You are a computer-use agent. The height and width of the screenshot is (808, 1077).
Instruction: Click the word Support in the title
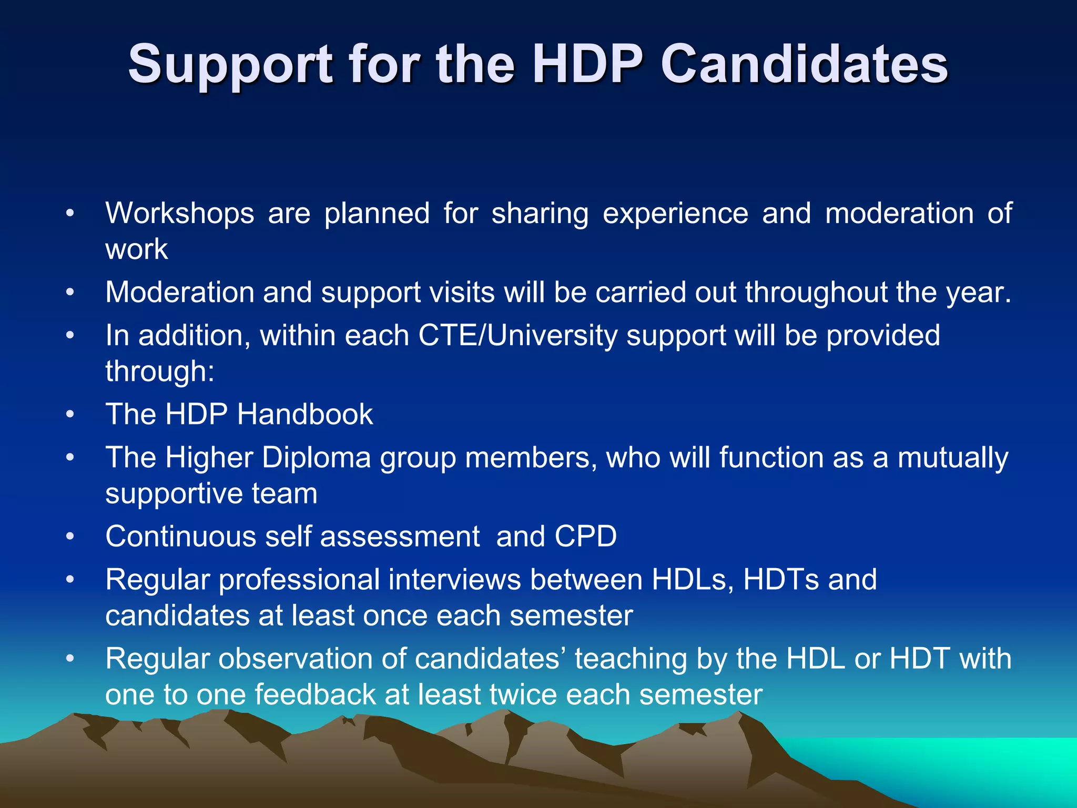point(230,65)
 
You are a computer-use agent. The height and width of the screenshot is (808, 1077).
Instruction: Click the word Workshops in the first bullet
point(180,214)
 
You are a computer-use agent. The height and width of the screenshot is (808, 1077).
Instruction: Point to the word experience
point(675,214)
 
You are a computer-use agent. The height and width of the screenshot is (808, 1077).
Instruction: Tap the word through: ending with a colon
point(160,371)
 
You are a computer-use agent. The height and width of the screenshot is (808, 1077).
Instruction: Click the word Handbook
point(305,415)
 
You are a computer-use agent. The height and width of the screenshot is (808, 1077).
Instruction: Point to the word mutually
point(953,458)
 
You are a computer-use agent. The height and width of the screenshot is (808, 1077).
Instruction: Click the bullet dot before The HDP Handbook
point(70,415)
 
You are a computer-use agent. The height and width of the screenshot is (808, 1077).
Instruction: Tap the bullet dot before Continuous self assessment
point(70,537)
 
